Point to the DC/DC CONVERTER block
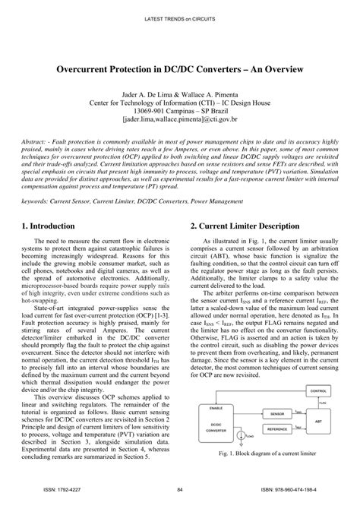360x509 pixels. pyautogui.click(x=225, y=428)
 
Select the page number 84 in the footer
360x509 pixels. pyautogui.click(x=179, y=490)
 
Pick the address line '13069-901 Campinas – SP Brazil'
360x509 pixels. pyautogui.click(x=180, y=111)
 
